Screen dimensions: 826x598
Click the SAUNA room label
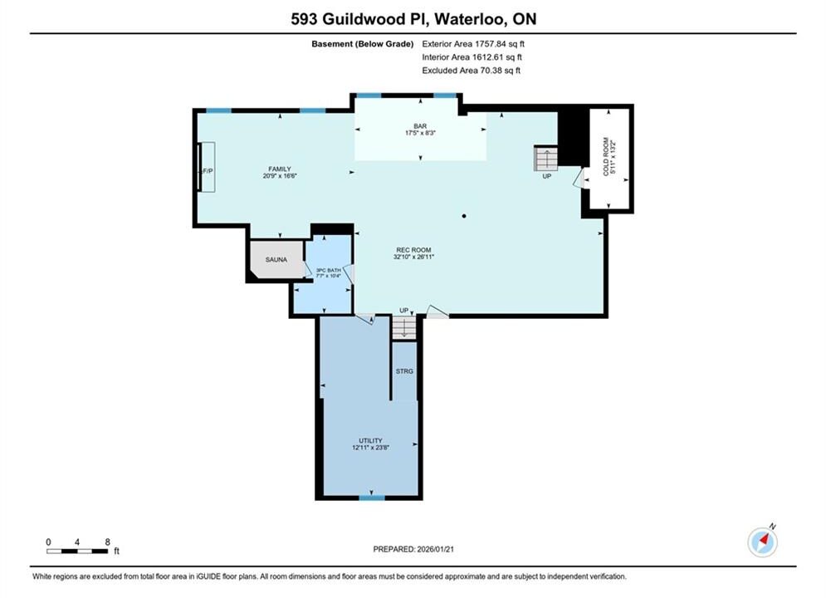(x=276, y=259)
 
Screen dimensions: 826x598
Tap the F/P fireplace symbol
(x=207, y=167)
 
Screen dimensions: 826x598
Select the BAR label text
(x=420, y=126)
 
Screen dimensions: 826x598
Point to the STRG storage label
(x=404, y=371)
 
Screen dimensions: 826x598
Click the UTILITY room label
(x=370, y=440)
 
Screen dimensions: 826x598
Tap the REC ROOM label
(x=413, y=250)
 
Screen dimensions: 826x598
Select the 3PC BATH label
(x=328, y=270)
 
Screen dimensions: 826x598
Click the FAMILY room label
(x=280, y=169)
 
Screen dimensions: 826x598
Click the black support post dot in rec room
(x=464, y=216)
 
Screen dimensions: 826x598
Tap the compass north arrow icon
(x=762, y=541)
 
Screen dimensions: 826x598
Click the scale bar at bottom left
(x=77, y=551)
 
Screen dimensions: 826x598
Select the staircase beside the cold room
(x=545, y=158)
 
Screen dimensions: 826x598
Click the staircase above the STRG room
(x=404, y=327)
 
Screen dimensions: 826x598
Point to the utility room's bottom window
(x=372, y=498)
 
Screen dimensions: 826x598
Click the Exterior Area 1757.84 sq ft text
(x=473, y=44)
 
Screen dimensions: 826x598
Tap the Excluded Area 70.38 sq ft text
(x=471, y=70)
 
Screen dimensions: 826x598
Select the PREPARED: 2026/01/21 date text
(x=413, y=549)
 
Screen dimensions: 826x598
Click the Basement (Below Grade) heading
(x=363, y=44)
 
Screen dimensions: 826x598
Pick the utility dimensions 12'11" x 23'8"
(x=371, y=448)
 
